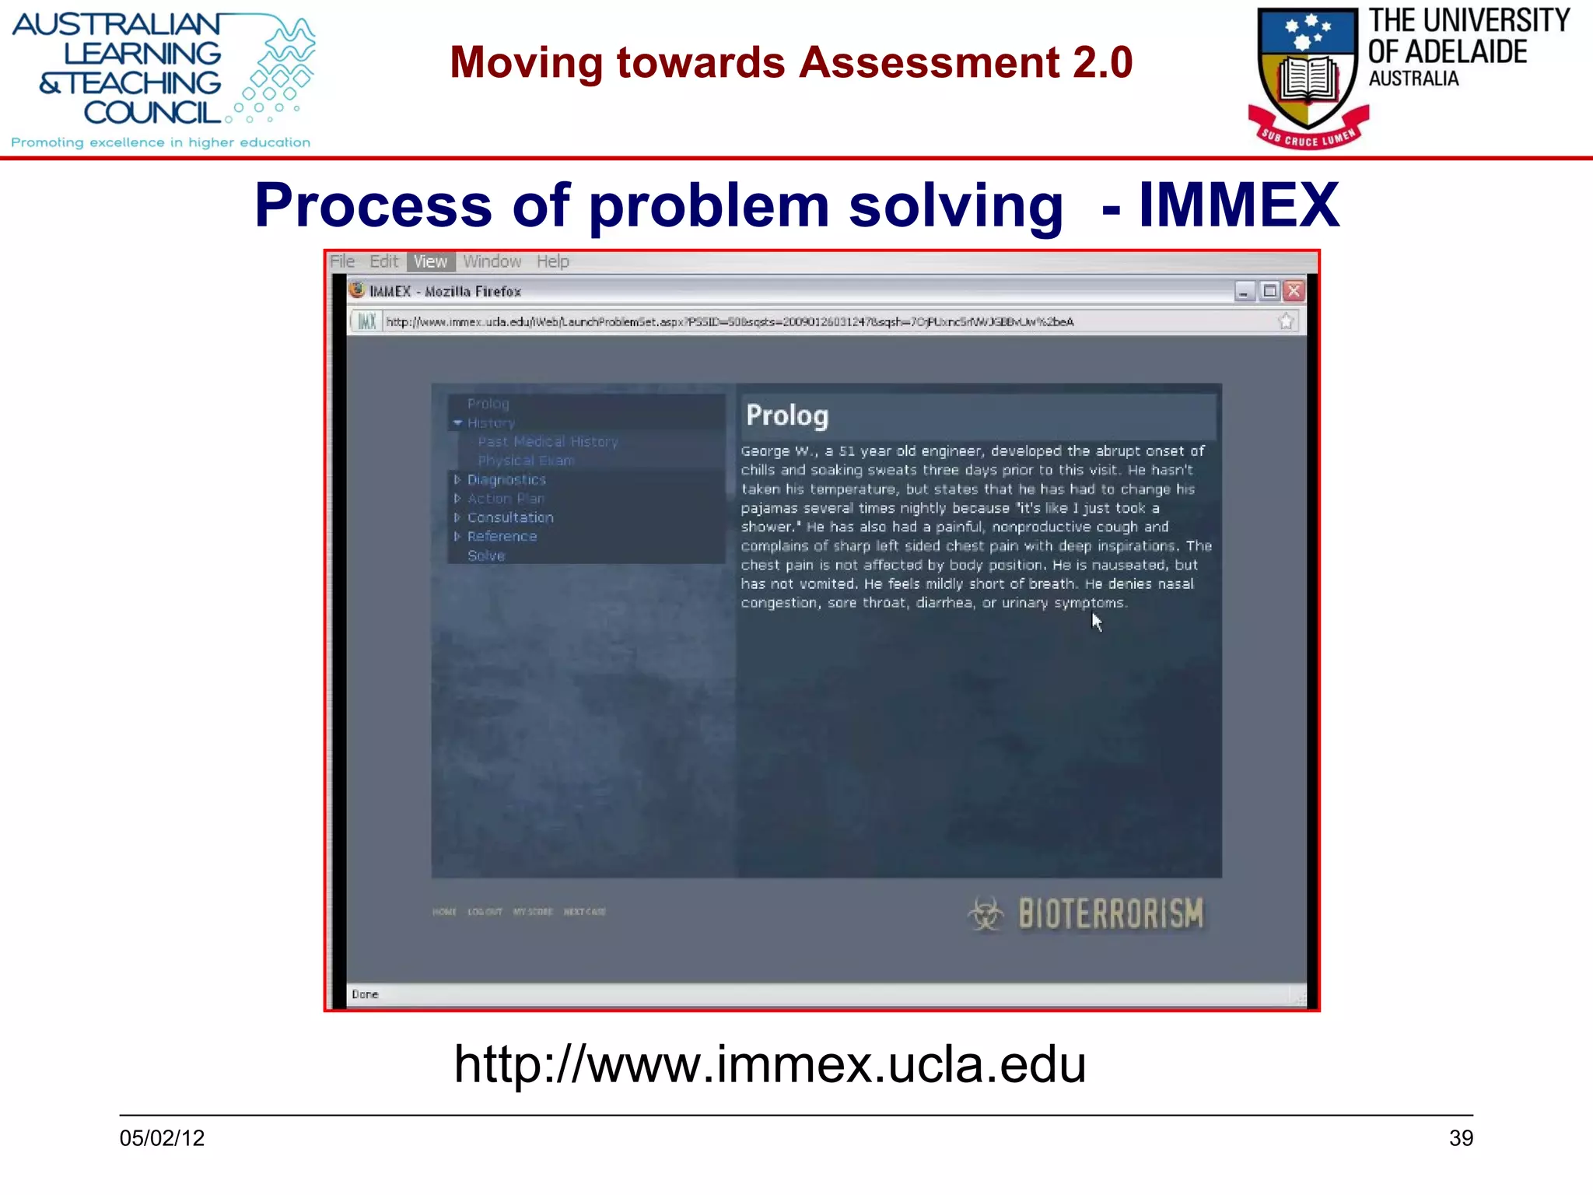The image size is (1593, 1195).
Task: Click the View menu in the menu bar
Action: pyautogui.click(x=430, y=261)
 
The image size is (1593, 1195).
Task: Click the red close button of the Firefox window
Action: pyautogui.click(x=1294, y=291)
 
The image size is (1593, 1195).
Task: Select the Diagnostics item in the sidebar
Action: pyautogui.click(x=506, y=480)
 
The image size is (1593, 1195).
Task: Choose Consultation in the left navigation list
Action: pyautogui.click(x=509, y=517)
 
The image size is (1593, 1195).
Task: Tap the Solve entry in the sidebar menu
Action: pyautogui.click(x=486, y=555)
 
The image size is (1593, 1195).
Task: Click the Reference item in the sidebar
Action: pyautogui.click(x=502, y=536)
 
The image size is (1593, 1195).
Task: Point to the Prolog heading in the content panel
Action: pyautogui.click(x=787, y=415)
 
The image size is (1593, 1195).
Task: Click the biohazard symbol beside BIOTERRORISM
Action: pyautogui.click(x=986, y=913)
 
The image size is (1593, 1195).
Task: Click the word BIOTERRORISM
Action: pyautogui.click(x=1111, y=914)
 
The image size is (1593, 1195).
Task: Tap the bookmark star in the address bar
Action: pyautogui.click(x=1286, y=321)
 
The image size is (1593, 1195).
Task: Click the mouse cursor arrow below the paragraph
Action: pyautogui.click(x=1096, y=622)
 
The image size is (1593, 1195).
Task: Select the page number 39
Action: pyautogui.click(x=1461, y=1138)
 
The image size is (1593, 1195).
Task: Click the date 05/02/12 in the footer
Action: pyautogui.click(x=162, y=1138)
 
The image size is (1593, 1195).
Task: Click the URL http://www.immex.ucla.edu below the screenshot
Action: pyautogui.click(x=769, y=1064)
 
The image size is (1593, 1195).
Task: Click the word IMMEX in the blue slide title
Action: pyautogui.click(x=1238, y=205)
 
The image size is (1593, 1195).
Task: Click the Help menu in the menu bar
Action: pyautogui.click(x=552, y=261)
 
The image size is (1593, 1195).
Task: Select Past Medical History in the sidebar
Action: pyautogui.click(x=548, y=442)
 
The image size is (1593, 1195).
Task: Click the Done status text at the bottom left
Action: pyautogui.click(x=365, y=994)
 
